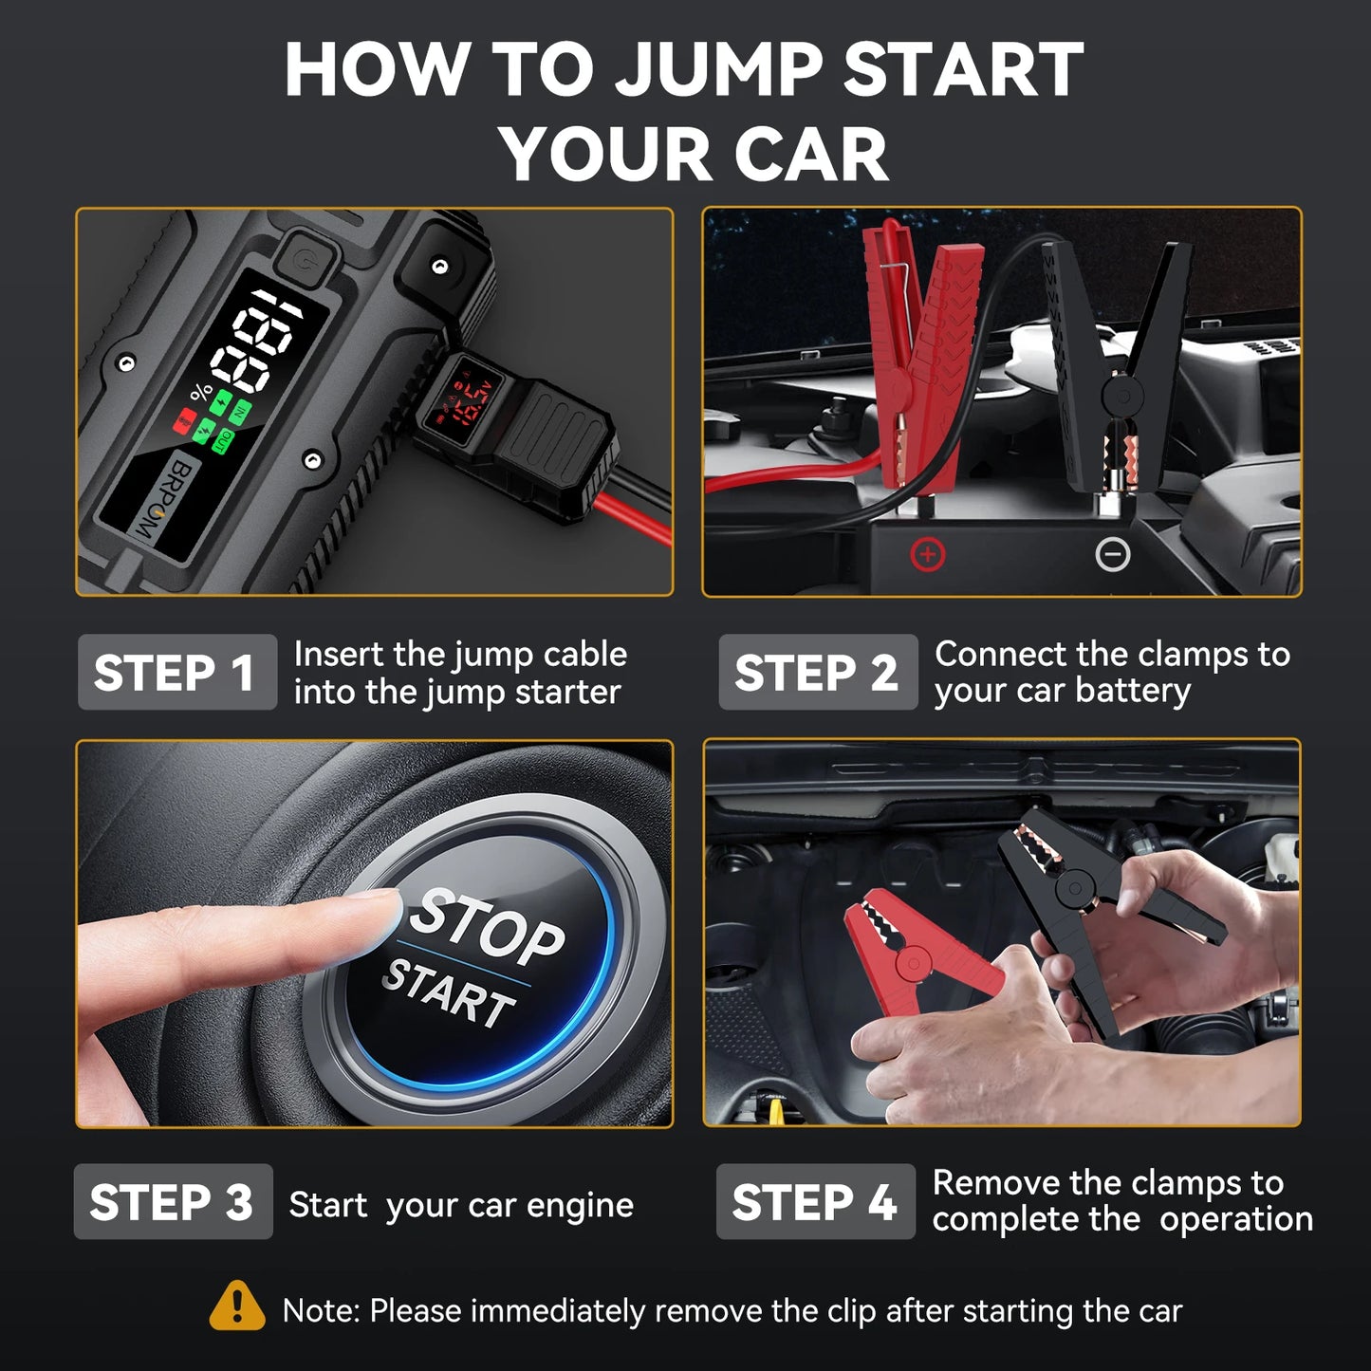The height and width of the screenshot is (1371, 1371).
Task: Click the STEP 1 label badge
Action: coord(176,673)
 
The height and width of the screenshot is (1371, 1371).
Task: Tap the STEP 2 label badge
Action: coord(817,673)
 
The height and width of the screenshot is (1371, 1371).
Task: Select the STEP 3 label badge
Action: coord(173,1202)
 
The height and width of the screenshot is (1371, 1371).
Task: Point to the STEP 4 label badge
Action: coord(815,1202)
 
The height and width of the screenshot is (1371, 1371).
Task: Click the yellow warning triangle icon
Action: coord(237,1306)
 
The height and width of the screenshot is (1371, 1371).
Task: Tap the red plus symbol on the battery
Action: coord(927,554)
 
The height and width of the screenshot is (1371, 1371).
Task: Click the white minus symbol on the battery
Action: coord(1112,554)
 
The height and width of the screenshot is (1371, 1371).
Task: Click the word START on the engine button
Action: coord(448,993)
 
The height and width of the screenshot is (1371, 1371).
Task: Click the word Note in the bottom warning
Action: coord(321,1311)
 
